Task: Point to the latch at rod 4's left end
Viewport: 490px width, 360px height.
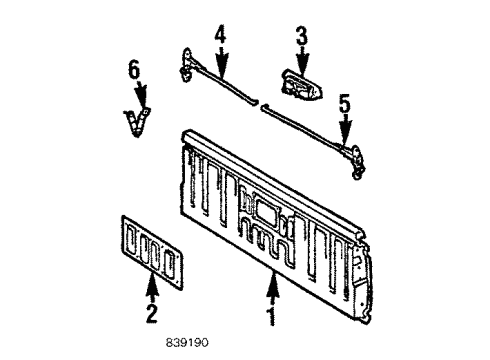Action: coord(187,64)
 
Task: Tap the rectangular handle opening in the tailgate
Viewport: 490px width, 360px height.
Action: coord(268,211)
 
